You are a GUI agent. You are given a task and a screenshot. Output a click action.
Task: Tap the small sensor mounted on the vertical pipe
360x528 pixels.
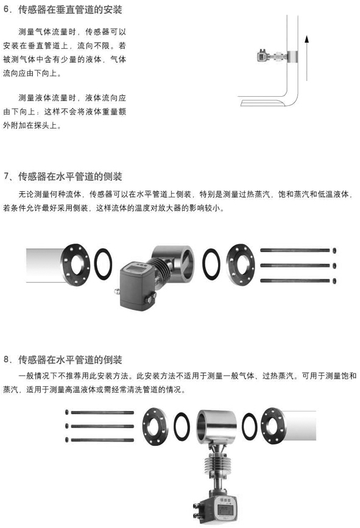coord(263,56)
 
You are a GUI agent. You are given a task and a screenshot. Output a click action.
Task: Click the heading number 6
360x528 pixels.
coord(6,9)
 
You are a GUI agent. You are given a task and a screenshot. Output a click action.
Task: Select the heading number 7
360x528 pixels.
coord(6,176)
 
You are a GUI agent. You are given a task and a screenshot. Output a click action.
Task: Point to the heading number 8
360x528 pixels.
coord(6,360)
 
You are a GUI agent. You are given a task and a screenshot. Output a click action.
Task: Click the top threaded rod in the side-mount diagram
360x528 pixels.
coord(295,250)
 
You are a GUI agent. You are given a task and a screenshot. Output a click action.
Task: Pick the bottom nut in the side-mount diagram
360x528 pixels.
coord(334,281)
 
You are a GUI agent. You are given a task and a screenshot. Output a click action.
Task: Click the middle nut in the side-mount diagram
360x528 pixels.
coord(334,266)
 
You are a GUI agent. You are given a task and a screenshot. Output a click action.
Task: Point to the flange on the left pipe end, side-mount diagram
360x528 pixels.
coord(76,265)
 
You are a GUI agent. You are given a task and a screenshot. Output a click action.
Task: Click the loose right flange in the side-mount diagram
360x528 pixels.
coord(241,265)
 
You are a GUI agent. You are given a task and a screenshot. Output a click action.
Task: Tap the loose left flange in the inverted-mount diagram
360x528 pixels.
coord(155,426)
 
